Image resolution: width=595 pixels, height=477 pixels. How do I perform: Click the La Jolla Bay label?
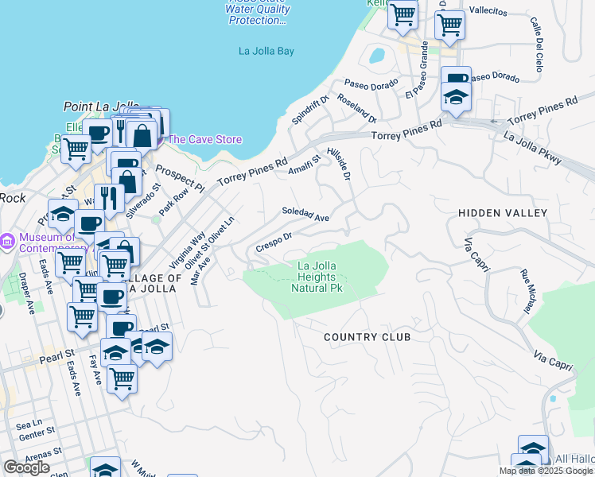[266, 52]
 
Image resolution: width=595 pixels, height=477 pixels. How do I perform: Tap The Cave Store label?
[204, 140]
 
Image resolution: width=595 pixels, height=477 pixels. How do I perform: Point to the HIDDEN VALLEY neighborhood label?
[503, 213]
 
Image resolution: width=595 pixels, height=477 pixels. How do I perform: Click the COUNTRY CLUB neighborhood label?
[367, 337]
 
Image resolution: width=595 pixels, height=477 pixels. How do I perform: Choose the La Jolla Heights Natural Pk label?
[320, 277]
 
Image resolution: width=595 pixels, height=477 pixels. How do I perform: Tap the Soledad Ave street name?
[305, 215]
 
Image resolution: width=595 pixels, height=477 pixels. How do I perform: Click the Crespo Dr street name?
[274, 242]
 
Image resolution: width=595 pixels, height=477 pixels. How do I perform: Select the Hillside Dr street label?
[339, 163]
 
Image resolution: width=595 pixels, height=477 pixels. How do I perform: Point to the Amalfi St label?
[303, 165]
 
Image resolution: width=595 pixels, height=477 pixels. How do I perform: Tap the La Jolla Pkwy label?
[533, 148]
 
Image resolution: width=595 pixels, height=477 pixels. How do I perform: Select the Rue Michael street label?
[527, 290]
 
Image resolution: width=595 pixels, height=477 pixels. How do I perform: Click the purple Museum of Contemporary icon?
[7, 240]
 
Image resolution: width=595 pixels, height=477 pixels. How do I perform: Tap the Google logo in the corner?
[26, 467]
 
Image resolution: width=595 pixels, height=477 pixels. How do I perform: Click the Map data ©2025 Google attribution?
[546, 471]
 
